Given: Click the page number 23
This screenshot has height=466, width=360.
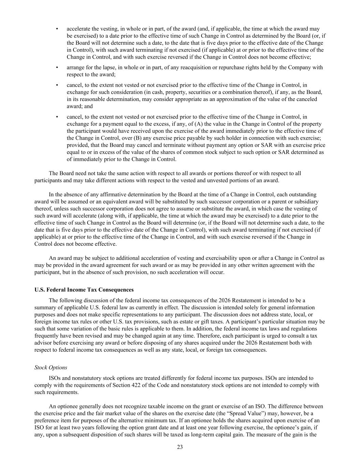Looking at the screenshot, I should [x=180, y=447].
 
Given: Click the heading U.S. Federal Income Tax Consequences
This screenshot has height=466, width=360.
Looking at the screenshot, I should [x=84, y=290].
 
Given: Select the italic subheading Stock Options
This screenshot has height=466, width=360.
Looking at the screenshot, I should [x=51, y=367].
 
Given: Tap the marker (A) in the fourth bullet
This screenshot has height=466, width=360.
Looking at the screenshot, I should [x=199, y=124].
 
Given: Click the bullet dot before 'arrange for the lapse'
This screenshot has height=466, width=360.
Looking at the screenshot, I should [x=57, y=67].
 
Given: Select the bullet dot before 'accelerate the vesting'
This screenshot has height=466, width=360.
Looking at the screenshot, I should [x=57, y=29].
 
